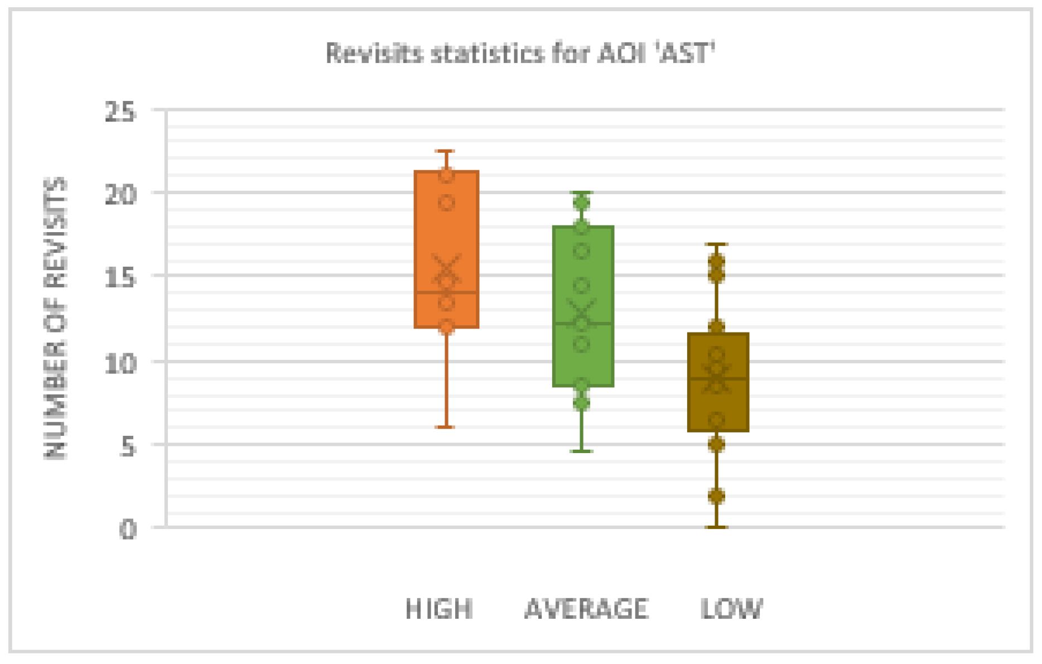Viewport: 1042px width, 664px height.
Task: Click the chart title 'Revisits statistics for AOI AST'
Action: (x=520, y=54)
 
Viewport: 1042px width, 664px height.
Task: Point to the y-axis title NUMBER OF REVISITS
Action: (x=56, y=318)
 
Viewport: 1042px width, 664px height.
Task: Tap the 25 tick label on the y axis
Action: (x=120, y=112)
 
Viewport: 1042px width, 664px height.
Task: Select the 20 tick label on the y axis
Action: (x=120, y=194)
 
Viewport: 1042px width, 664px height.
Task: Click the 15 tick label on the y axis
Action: (x=120, y=277)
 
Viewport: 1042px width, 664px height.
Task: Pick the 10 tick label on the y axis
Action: (x=120, y=363)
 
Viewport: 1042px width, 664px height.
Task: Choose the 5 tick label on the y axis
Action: (x=128, y=446)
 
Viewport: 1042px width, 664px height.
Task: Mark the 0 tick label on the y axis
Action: (x=128, y=528)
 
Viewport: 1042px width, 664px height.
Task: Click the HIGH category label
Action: (x=439, y=609)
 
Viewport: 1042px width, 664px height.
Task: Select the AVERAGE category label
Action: (x=586, y=609)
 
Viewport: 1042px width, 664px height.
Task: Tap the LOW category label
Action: (x=731, y=609)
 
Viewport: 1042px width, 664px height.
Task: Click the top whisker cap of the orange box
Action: (x=446, y=151)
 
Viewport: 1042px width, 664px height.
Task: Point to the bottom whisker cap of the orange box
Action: (x=446, y=427)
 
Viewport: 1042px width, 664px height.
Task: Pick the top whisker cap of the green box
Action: (x=582, y=193)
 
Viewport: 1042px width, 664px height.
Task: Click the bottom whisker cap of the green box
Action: (x=582, y=451)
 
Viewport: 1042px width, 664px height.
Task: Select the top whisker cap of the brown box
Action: (x=717, y=244)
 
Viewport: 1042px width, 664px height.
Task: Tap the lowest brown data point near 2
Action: (x=717, y=495)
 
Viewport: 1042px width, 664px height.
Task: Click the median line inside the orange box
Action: (x=446, y=292)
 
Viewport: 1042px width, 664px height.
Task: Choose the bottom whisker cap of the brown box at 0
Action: (x=717, y=527)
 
